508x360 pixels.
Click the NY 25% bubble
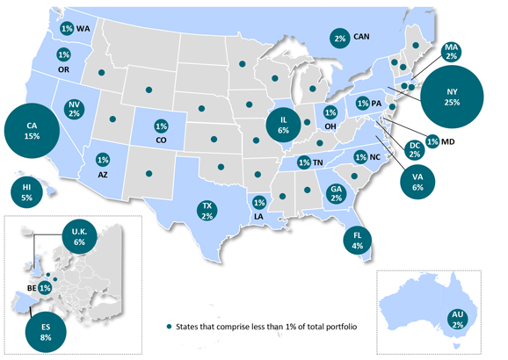[x=453, y=97]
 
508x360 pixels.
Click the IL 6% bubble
[x=283, y=125]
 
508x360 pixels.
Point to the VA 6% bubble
[x=417, y=180]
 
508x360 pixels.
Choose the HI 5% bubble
[x=26, y=192]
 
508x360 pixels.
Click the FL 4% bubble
[x=358, y=240]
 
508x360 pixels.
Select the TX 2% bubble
[x=207, y=210]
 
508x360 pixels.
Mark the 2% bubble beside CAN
[x=340, y=37]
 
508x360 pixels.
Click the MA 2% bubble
[x=453, y=52]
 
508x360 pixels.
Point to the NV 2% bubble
[x=74, y=109]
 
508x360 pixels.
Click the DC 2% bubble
[x=414, y=150]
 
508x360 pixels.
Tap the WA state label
[x=83, y=28]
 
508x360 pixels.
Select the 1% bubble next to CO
[x=161, y=126]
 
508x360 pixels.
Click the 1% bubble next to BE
[x=45, y=287]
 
